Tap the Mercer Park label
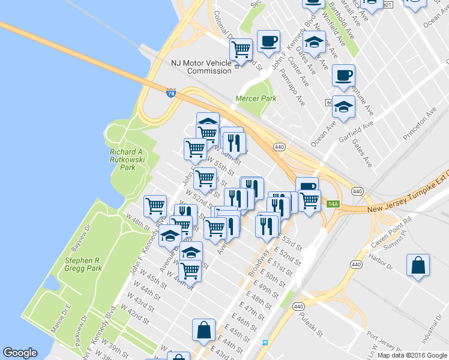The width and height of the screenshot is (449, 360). (x=256, y=98)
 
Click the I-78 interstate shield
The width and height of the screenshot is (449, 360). (x=171, y=93)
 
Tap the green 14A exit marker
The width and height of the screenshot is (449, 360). (x=333, y=205)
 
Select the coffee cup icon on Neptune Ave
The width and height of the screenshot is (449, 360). (x=343, y=76)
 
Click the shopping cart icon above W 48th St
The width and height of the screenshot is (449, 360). (x=155, y=206)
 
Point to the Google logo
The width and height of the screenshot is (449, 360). (x=20, y=353)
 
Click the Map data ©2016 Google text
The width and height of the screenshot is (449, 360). (x=412, y=355)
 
